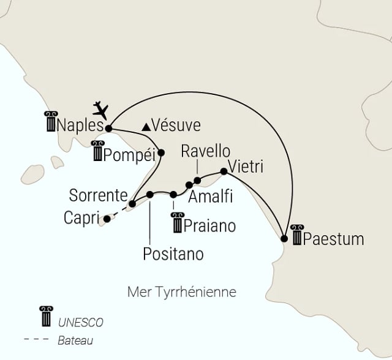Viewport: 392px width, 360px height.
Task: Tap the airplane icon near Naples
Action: (x=100, y=110)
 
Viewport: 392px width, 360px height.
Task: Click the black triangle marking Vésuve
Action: (x=146, y=127)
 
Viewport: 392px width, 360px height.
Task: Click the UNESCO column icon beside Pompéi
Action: (x=98, y=151)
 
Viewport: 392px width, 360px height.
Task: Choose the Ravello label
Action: (x=206, y=151)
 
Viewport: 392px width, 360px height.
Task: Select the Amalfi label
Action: (x=210, y=198)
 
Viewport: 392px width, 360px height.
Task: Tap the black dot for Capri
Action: (x=107, y=218)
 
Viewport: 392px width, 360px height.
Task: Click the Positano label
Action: (x=173, y=252)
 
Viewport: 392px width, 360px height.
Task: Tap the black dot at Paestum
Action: (x=284, y=238)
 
